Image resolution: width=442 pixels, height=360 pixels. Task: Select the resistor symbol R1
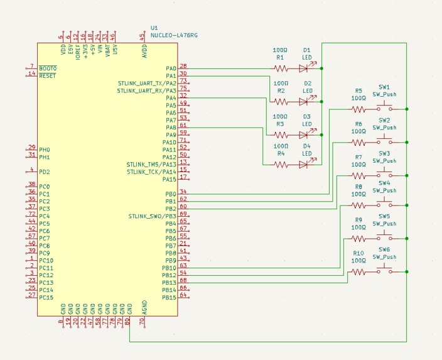click(x=281, y=68)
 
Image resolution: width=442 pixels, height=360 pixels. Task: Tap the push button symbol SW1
click(x=384, y=108)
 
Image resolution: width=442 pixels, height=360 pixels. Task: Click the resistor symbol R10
click(x=358, y=272)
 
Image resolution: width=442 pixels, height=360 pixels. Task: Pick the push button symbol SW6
click(x=384, y=271)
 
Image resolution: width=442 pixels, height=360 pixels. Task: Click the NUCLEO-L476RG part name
click(x=174, y=35)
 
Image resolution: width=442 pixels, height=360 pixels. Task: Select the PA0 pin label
click(x=171, y=68)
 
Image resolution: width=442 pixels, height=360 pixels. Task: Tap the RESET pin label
click(x=47, y=76)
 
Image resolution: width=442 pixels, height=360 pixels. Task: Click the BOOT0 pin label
click(x=48, y=68)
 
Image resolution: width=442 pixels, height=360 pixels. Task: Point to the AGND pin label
click(x=144, y=307)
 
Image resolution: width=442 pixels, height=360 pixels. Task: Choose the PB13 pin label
click(x=169, y=283)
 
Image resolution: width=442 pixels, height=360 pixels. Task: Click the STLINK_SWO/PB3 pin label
click(x=152, y=216)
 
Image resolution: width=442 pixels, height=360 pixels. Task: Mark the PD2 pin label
click(x=45, y=172)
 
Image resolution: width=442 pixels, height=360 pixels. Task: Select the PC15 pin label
click(x=46, y=297)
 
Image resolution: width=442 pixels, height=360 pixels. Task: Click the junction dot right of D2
click(x=321, y=102)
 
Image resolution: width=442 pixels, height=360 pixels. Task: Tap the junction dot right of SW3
click(x=406, y=175)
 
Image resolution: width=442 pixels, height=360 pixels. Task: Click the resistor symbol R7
click(x=358, y=176)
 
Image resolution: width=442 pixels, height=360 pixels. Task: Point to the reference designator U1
click(x=154, y=28)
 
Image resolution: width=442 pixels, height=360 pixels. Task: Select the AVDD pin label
click(x=144, y=51)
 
